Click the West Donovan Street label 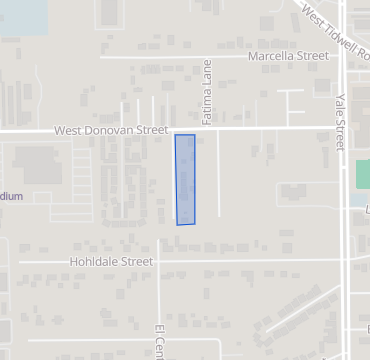(111, 130)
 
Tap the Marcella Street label (289, 57)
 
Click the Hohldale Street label (111, 262)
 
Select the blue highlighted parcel (185, 180)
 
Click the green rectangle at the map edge (362, 174)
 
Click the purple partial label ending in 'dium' (10, 197)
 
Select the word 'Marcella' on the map (274, 57)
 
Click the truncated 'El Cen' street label (158, 341)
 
